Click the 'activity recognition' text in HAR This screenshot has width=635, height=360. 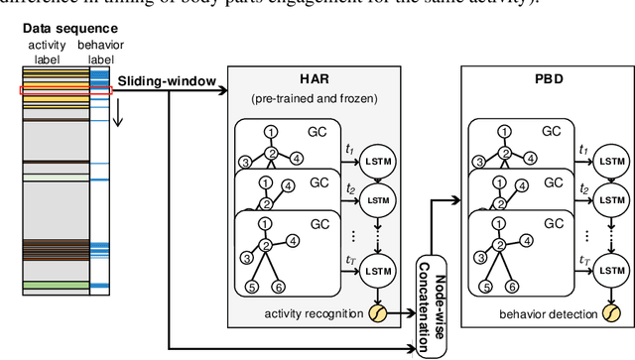click(317, 314)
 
